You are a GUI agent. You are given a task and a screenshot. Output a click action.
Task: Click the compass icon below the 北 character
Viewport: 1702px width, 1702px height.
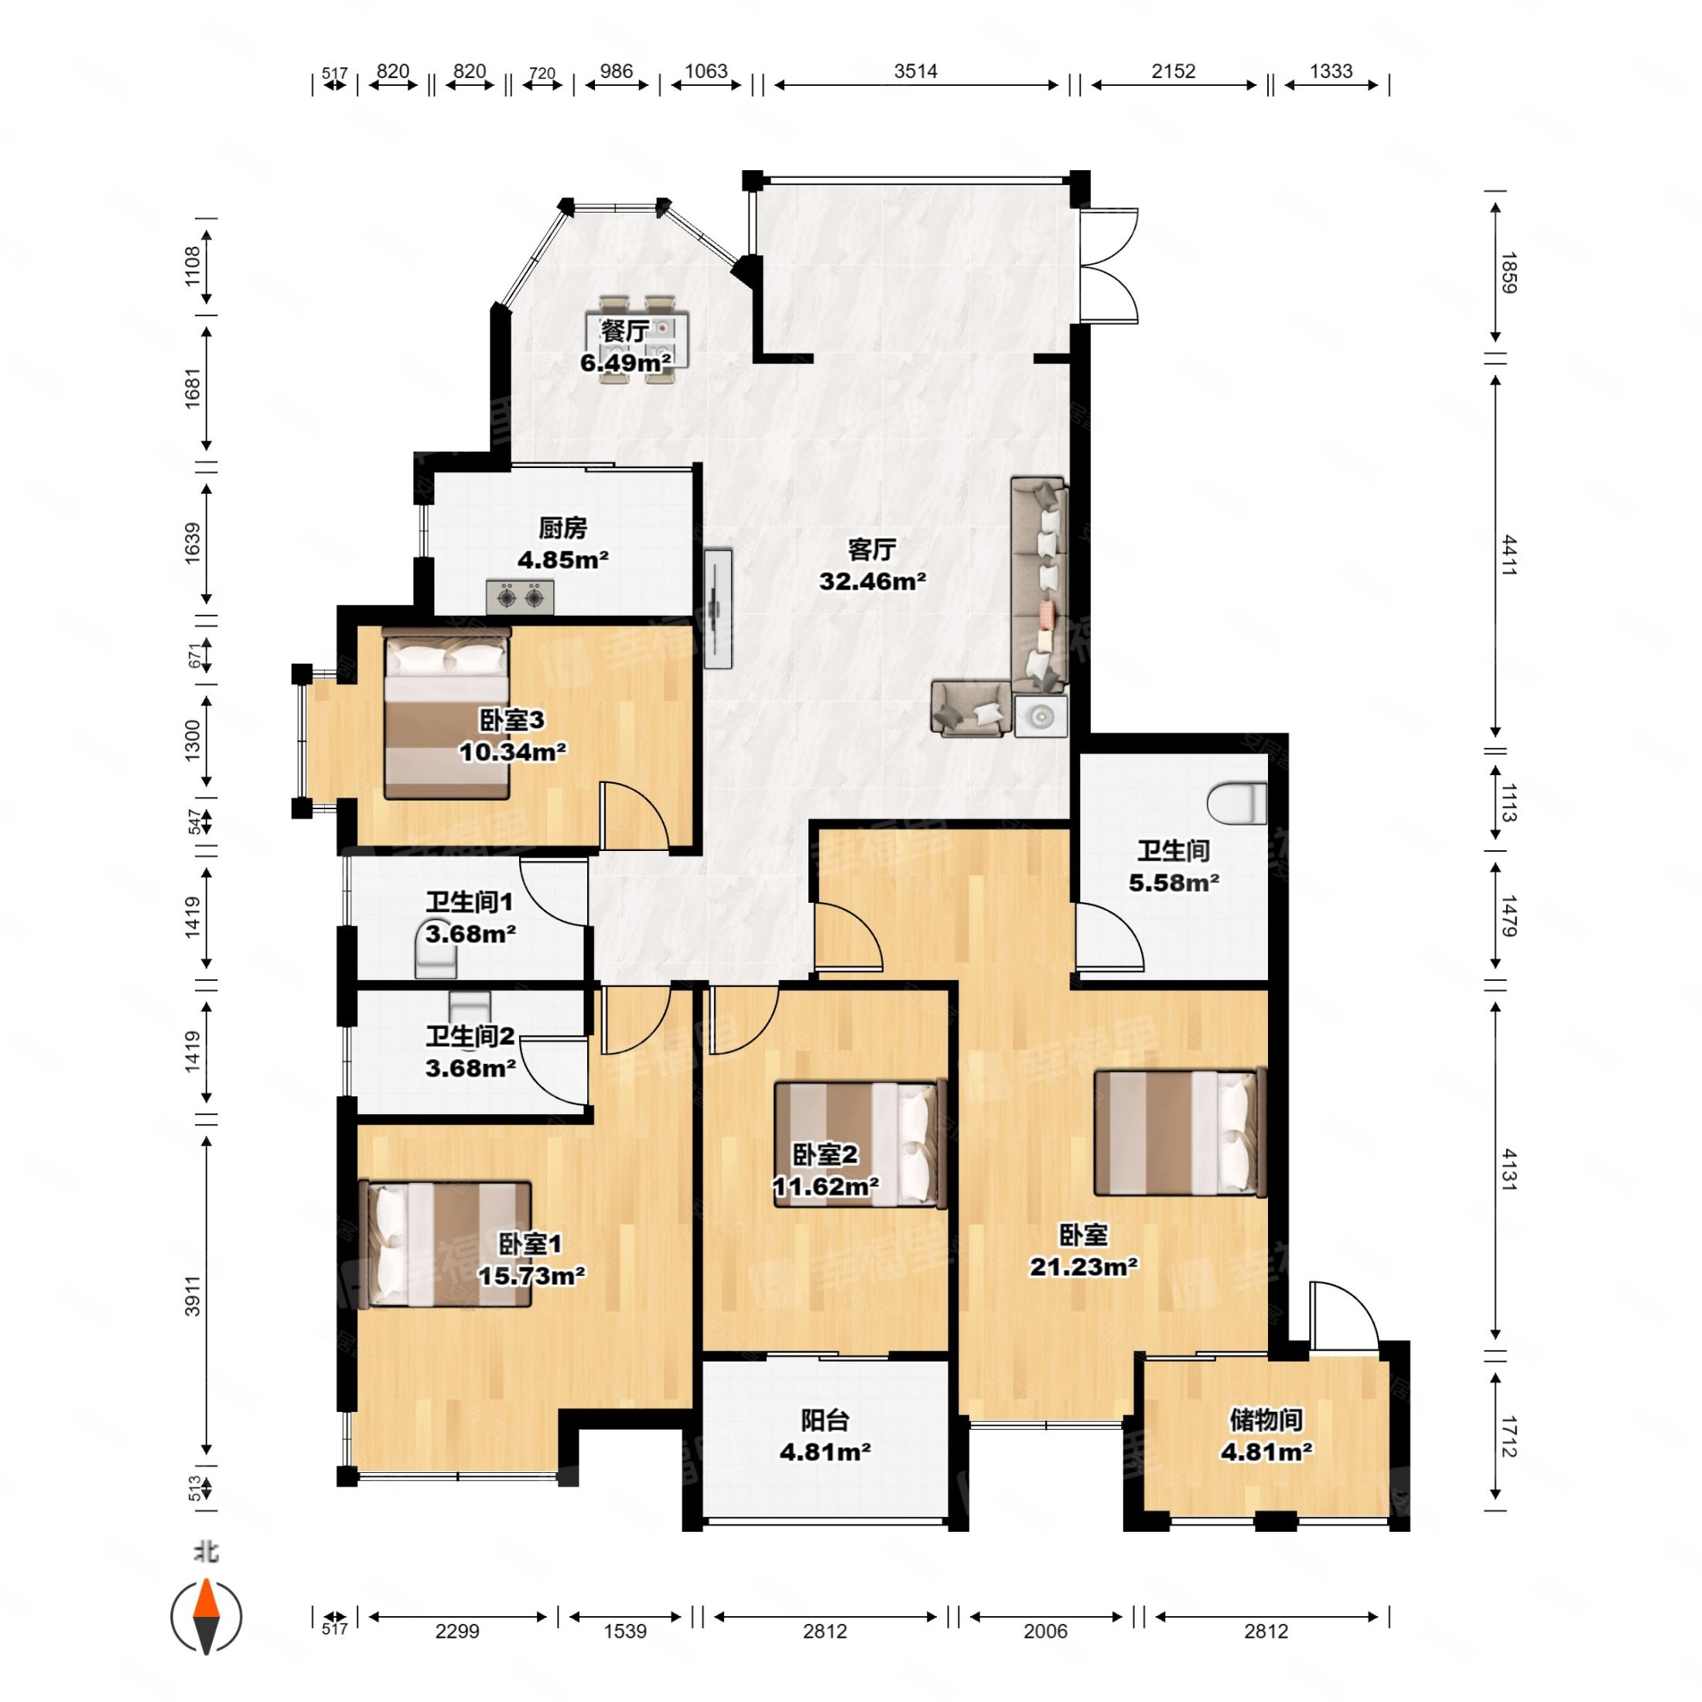coord(206,1617)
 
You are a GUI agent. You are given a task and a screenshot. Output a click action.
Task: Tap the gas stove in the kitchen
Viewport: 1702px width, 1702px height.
coord(520,597)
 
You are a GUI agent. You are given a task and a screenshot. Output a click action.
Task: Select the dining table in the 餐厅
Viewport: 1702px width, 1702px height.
coord(637,339)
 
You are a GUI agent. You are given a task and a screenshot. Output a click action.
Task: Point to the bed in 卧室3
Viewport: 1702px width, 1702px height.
coord(446,713)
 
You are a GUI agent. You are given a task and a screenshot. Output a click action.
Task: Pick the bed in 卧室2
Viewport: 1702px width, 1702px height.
coord(855,1144)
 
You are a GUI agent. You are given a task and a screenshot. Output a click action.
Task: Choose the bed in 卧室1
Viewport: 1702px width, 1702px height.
coord(446,1244)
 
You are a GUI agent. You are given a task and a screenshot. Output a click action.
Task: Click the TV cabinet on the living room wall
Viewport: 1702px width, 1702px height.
coord(718,608)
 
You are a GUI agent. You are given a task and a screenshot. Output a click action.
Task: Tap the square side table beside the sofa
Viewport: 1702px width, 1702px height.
coord(1041,716)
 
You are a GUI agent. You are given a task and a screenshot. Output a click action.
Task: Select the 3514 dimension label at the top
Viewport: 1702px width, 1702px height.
coord(915,71)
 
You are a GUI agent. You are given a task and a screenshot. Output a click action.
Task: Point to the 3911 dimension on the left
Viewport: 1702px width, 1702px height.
coord(193,1296)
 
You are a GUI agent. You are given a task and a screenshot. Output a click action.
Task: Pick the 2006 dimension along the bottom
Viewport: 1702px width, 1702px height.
coord(1046,1631)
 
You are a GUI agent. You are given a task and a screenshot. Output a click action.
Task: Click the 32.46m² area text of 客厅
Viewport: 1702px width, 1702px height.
coord(872,582)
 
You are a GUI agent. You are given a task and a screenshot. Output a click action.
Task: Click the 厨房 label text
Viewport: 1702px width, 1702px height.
coord(563,528)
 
